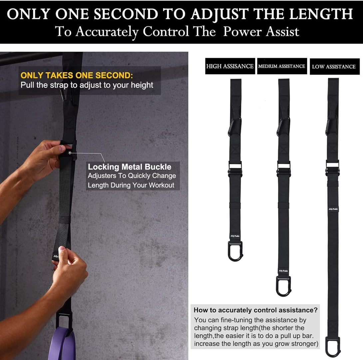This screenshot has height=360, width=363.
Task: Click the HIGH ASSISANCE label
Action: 230,66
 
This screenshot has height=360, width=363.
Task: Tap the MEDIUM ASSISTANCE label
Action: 282,66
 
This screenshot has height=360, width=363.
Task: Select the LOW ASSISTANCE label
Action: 334,67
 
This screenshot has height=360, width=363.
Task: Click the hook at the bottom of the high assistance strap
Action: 235,251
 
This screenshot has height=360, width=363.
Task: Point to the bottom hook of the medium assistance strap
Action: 283,286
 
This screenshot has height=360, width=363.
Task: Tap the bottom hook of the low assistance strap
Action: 332,346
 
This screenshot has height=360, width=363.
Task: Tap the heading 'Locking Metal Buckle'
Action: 130,167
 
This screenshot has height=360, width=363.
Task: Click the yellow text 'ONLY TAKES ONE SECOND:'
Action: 77,75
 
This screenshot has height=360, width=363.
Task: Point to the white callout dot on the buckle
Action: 70,152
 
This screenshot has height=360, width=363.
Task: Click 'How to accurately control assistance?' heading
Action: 255,310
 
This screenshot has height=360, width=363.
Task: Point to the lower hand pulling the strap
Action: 68,266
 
